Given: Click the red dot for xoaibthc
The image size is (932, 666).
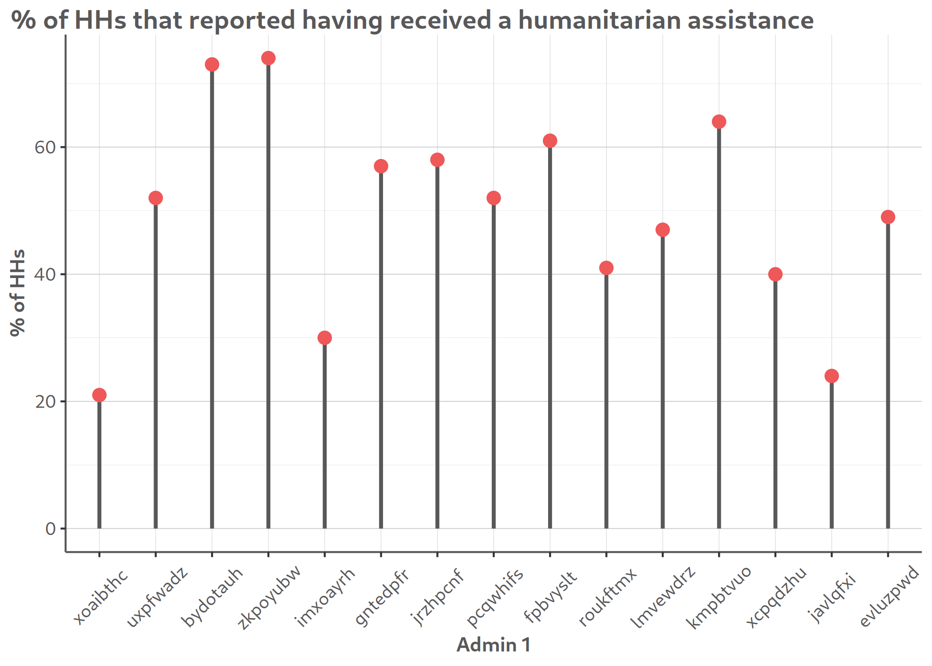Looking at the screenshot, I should click(x=99, y=395).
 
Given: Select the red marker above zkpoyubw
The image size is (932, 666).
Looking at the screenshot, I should click(x=268, y=58).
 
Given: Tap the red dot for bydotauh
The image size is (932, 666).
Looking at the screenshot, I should click(x=212, y=64).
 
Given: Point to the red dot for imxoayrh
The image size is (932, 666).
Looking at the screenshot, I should click(x=324, y=338).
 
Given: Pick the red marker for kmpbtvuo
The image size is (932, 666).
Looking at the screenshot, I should click(x=719, y=122).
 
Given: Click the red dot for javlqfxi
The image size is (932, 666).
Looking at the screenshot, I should click(x=832, y=376).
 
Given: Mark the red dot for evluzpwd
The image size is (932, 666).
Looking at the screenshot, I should click(x=888, y=217).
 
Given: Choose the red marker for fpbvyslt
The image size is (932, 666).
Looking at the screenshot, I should click(x=550, y=141).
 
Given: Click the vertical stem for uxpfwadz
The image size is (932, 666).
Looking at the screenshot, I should click(x=156, y=364).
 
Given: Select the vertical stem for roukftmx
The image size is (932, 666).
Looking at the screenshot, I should click(x=606, y=400).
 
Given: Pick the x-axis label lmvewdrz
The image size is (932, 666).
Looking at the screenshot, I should click(x=664, y=597).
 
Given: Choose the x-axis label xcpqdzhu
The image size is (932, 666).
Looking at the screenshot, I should click(x=777, y=597).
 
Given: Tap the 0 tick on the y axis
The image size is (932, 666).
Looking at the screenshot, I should click(x=51, y=529).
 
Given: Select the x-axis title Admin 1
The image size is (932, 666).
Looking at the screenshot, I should click(x=494, y=645).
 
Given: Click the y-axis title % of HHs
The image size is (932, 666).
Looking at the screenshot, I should click(x=18, y=293).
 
